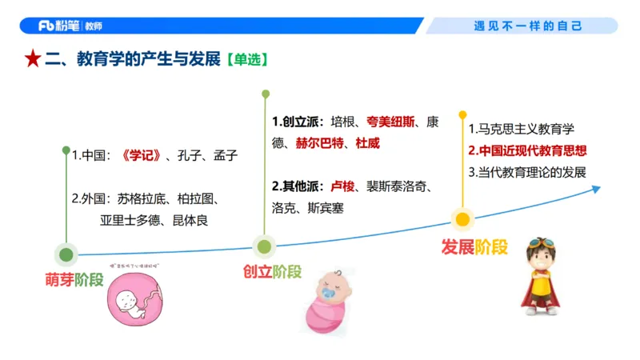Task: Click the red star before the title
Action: (32, 60)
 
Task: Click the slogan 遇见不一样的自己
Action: (529, 26)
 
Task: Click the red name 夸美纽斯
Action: (392, 122)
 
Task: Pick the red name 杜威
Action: (368, 144)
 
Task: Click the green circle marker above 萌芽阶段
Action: (66, 255)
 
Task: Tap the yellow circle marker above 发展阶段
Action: (462, 218)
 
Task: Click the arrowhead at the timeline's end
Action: (595, 189)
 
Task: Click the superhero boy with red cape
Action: (542, 273)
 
